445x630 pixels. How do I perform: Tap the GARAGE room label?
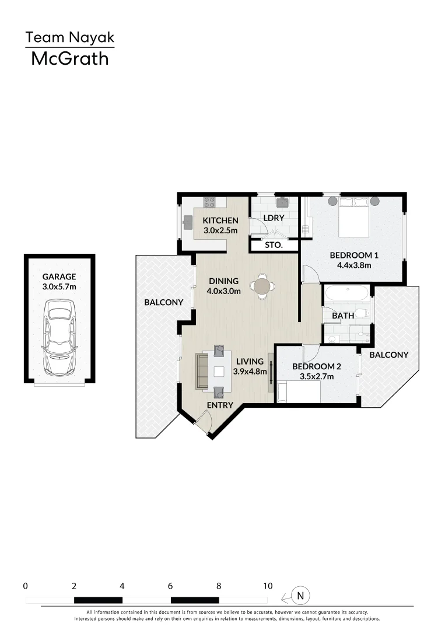point(59,277)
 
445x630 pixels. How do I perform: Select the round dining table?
point(262,286)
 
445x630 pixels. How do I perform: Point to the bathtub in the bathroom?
point(346,293)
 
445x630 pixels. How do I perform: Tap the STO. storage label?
point(274,246)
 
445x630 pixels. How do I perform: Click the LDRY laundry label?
point(274,218)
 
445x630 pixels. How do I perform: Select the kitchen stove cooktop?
point(209,202)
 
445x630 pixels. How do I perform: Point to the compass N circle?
point(301,596)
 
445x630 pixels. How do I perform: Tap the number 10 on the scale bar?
point(267,585)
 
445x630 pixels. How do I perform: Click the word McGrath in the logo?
point(69,58)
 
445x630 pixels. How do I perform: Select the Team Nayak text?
point(69,38)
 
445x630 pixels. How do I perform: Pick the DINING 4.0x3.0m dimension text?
point(225,292)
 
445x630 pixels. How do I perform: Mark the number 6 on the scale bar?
point(170,585)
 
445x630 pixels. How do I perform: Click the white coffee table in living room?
point(219,372)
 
